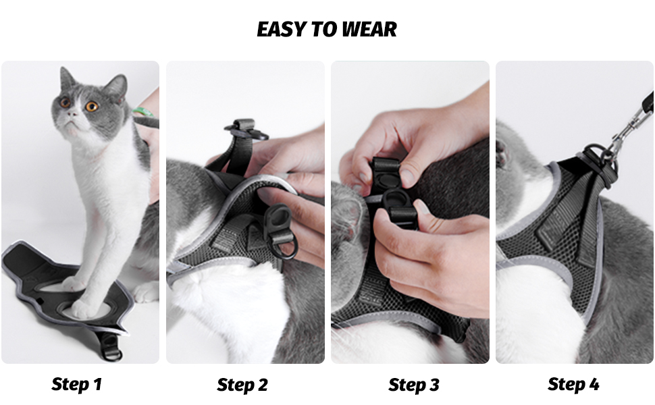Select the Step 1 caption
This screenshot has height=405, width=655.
76,385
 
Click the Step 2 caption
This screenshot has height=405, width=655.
242,385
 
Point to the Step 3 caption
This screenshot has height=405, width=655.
413,385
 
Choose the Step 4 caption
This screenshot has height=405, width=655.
573,384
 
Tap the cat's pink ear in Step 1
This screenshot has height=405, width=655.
114,88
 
